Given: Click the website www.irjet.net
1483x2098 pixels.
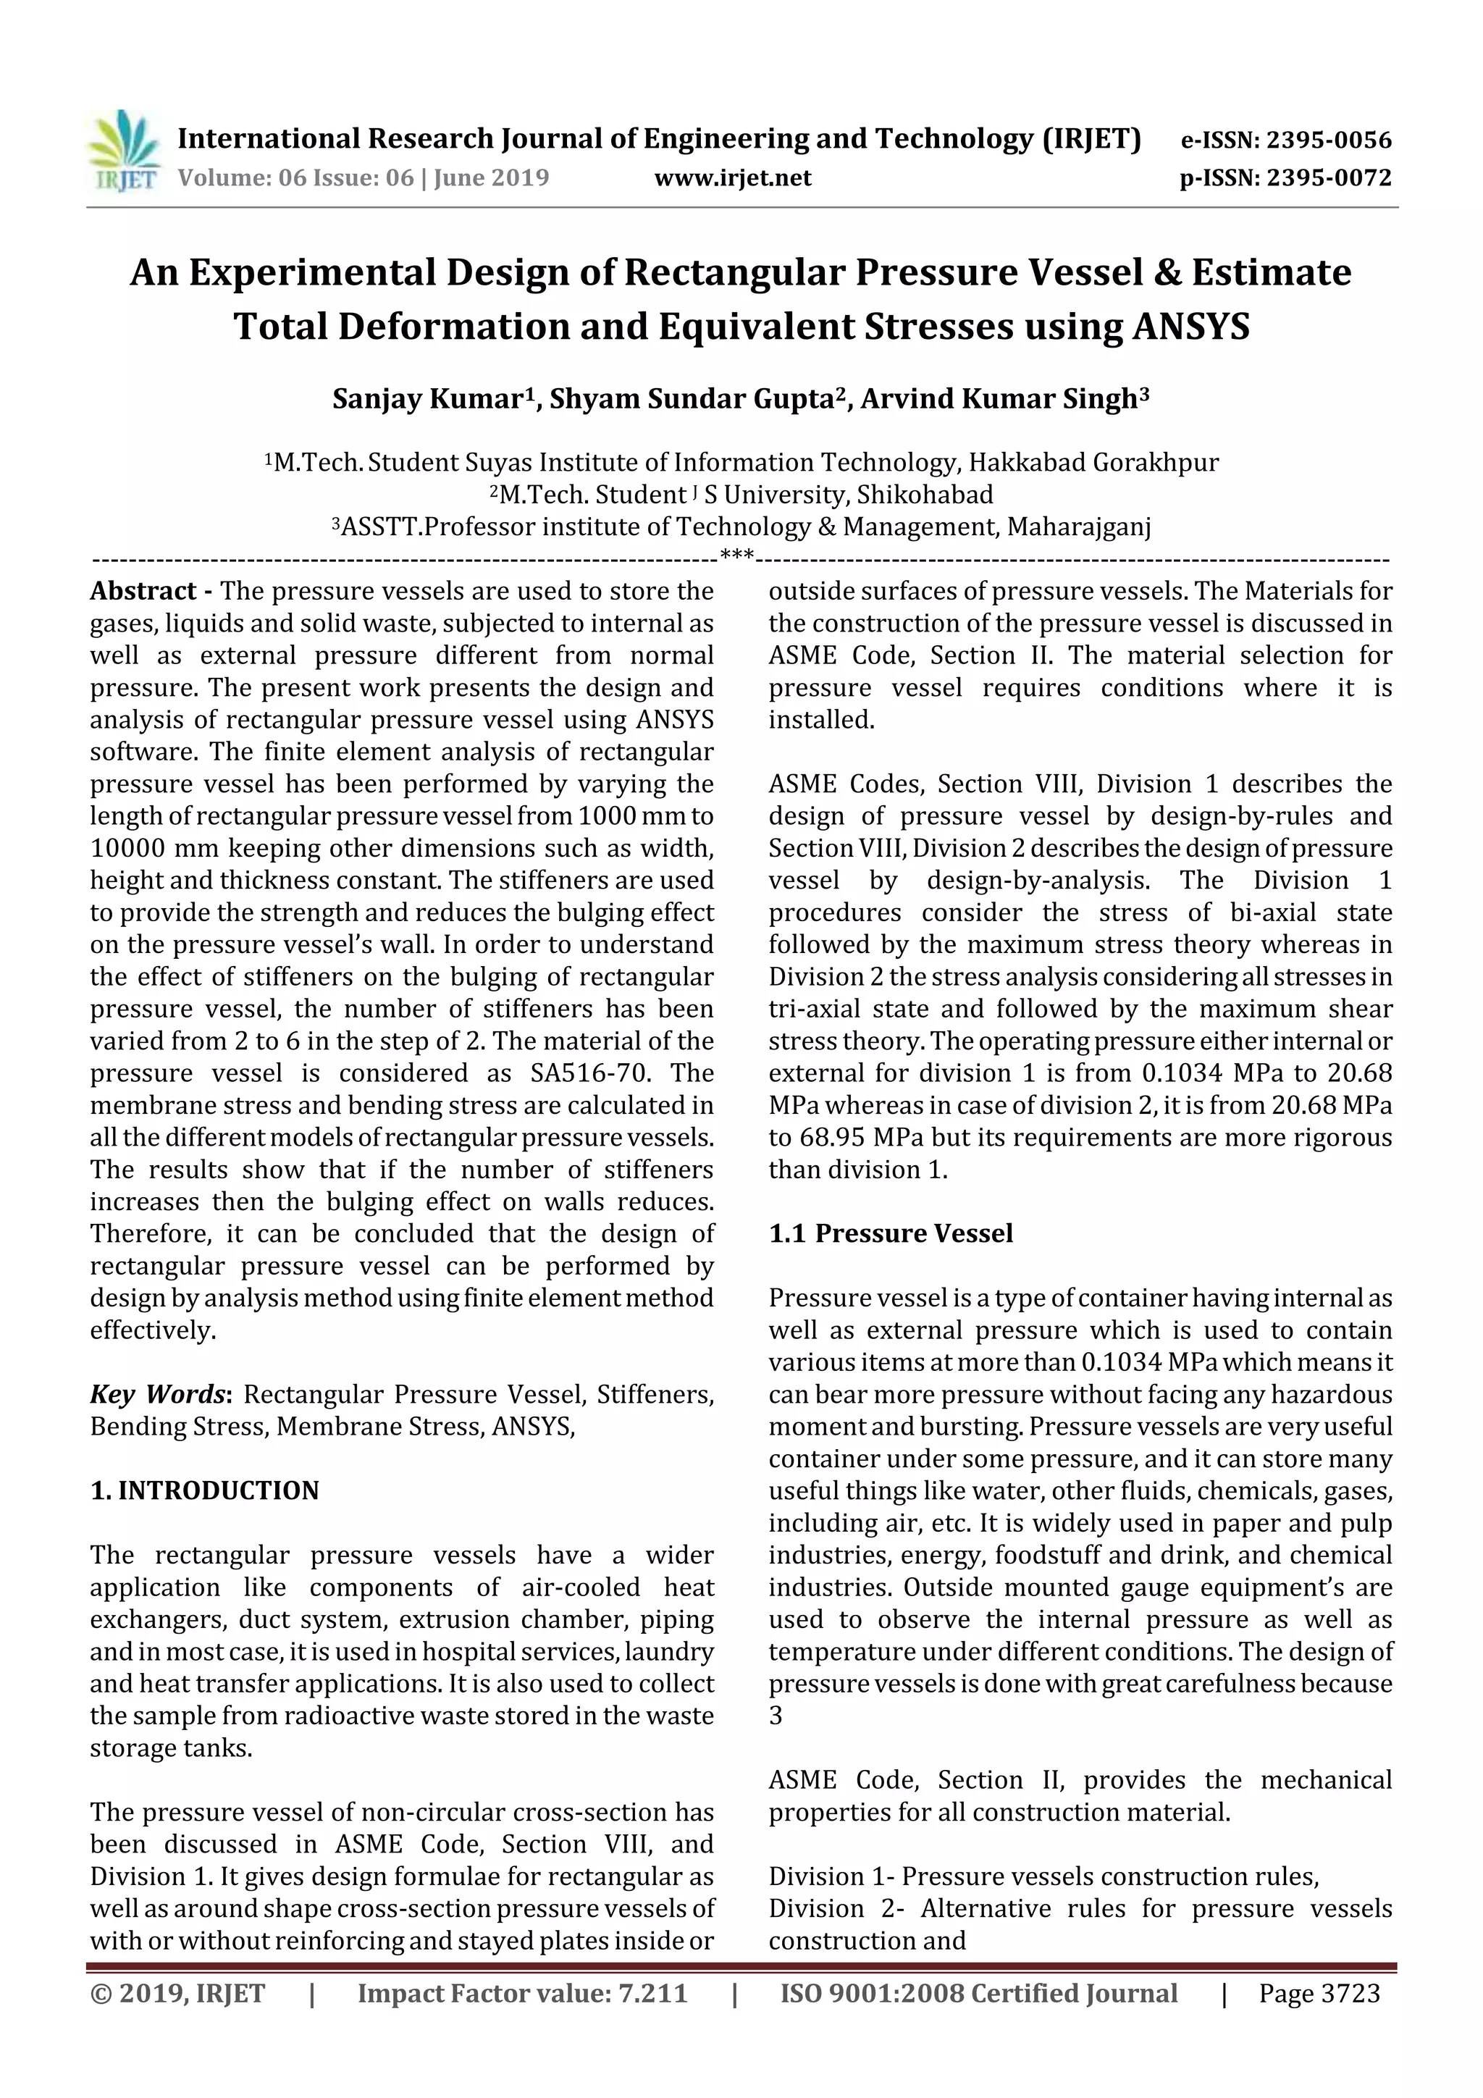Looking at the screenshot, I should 732,178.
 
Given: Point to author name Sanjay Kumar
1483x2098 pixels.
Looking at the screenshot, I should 427,399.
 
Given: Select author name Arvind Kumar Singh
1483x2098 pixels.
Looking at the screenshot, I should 999,399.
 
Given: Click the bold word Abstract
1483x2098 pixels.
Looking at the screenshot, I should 143,591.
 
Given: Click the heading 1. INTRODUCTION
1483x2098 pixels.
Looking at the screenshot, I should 205,1490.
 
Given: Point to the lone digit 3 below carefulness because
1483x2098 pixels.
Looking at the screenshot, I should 775,1715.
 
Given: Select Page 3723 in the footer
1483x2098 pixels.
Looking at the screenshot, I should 1319,1993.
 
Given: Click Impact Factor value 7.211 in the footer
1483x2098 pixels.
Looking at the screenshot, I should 522,1993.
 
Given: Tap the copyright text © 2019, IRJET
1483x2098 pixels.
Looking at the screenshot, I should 177,1993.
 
